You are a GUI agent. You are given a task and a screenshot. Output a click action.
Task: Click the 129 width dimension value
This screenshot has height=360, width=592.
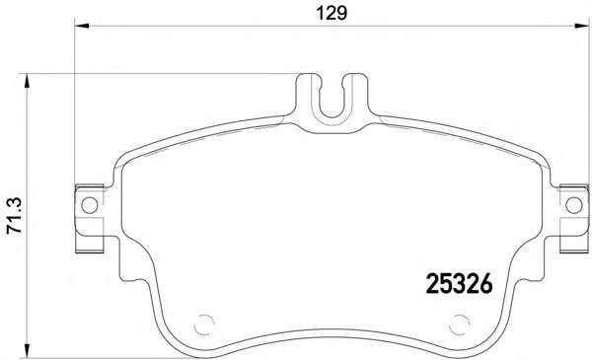(x=332, y=13)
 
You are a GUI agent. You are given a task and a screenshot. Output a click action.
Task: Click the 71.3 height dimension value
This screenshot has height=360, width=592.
(x=15, y=216)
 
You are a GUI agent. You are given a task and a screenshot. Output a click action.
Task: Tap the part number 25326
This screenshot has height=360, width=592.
(x=460, y=284)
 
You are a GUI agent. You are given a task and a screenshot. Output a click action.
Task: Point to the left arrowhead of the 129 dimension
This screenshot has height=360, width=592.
(x=82, y=26)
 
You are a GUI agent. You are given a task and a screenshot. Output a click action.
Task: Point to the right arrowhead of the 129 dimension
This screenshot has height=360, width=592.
(x=581, y=26)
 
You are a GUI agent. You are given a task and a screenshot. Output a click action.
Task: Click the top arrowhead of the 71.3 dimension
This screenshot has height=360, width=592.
(x=27, y=81)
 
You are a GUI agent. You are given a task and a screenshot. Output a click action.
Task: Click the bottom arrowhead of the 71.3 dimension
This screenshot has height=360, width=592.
(x=27, y=350)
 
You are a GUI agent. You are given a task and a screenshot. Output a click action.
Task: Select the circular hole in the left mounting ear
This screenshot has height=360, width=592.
(x=90, y=206)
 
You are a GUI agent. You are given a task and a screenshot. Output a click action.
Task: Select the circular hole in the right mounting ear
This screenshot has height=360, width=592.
(x=574, y=206)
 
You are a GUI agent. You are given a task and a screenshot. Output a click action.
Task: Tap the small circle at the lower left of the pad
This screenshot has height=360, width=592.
(x=204, y=324)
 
